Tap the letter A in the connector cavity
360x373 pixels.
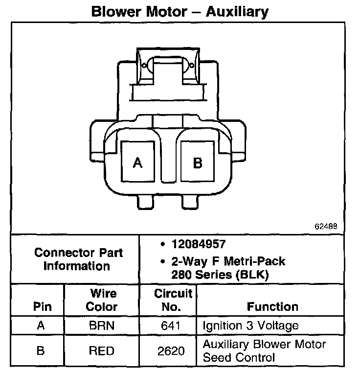[137, 163]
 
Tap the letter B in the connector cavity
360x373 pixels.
[198, 163]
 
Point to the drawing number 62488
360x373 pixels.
[326, 227]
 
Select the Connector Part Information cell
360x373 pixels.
[78, 259]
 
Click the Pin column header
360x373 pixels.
[42, 307]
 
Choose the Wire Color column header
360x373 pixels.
[102, 301]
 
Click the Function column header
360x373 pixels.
[272, 307]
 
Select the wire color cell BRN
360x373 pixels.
[102, 326]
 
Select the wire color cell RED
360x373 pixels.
[102, 351]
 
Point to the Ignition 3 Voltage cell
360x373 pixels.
[250, 326]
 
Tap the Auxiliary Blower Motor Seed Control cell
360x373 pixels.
[264, 351]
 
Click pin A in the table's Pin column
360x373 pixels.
[42, 326]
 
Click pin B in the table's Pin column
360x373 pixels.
[42, 351]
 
